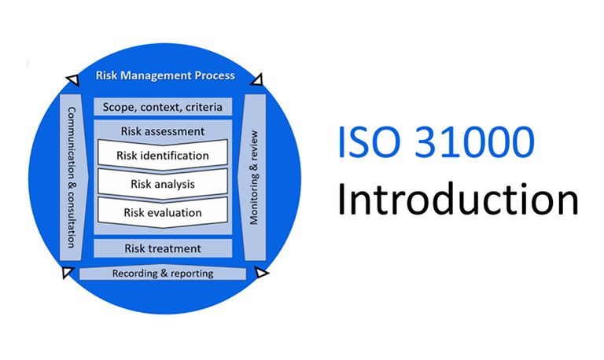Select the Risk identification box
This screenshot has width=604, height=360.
[x=163, y=155]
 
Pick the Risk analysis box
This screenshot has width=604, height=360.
[x=163, y=184]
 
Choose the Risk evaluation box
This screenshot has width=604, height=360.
[x=163, y=212]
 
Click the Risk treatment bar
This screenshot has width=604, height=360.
[x=163, y=248]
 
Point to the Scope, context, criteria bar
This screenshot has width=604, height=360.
[x=163, y=106]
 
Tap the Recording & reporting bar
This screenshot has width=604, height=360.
[x=163, y=274]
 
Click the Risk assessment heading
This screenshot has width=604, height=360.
[x=163, y=131]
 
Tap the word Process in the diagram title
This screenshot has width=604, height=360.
[x=212, y=77]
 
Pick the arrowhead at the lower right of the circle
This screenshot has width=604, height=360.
[x=261, y=274]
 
